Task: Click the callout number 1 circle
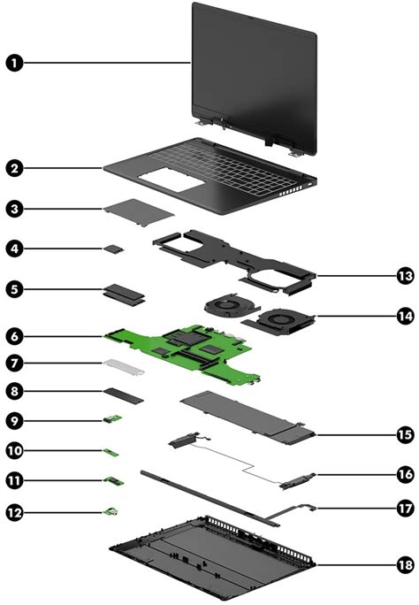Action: [x=15, y=63]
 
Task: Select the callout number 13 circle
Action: [x=405, y=276]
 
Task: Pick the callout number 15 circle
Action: [x=405, y=434]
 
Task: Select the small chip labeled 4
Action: [x=115, y=249]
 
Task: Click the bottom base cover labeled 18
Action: [x=212, y=557]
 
